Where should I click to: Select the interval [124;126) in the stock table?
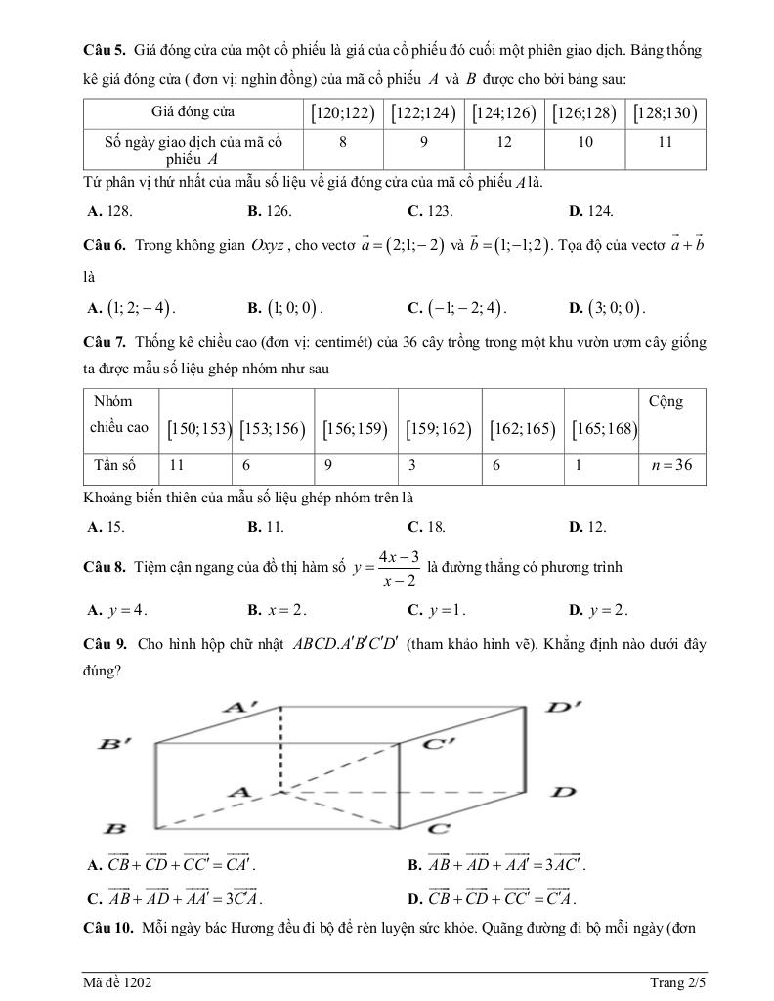504,113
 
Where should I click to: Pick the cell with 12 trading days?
504,143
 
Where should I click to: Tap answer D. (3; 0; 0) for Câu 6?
607,308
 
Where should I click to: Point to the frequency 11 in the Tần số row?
177,466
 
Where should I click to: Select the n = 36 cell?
671,466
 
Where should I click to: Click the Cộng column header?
666,402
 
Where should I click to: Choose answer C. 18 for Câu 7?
427,527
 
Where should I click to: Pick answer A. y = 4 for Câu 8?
117,610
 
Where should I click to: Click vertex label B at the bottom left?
115,828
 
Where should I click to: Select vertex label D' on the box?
564,706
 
